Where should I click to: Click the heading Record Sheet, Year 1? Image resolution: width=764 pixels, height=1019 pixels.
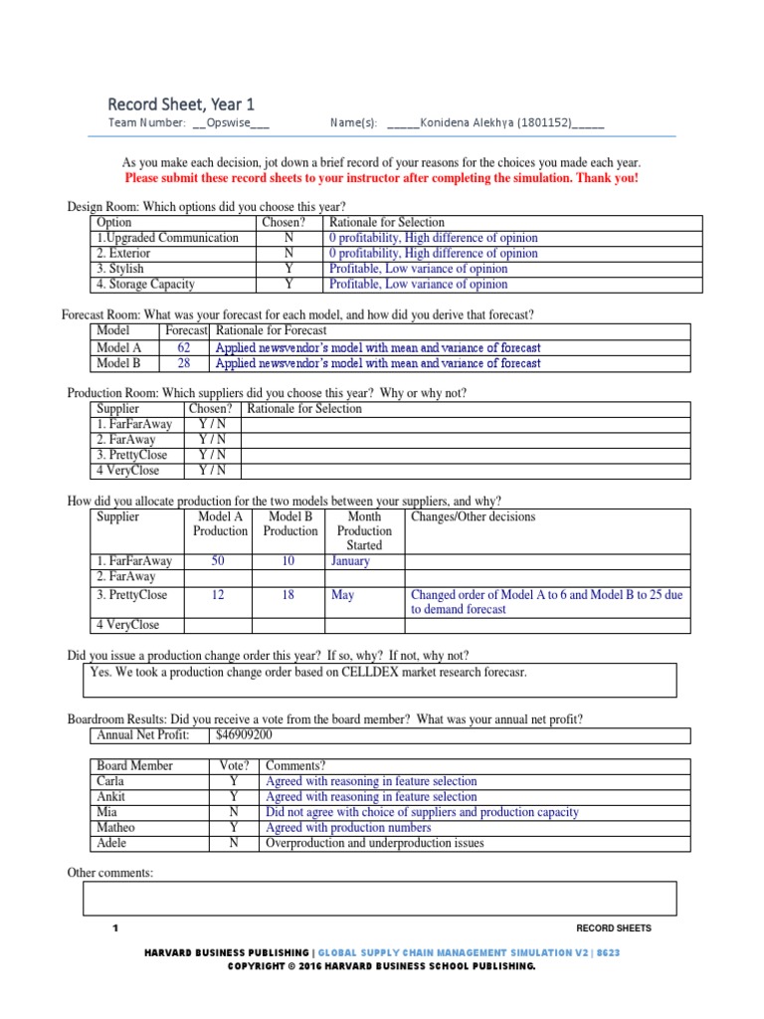pyautogui.click(x=181, y=103)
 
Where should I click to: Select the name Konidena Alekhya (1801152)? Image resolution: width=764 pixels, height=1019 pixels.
pyautogui.click(x=494, y=123)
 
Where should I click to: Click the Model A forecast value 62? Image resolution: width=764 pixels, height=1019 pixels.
pyautogui.click(x=184, y=348)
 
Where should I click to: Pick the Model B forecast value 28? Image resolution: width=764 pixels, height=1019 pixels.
pyautogui.click(x=184, y=363)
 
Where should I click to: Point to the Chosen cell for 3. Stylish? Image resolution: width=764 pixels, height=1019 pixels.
pyautogui.click(x=288, y=269)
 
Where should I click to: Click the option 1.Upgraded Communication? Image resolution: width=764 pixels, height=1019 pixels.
pyautogui.click(x=168, y=238)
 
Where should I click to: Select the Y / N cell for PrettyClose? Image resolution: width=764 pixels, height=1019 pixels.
pyautogui.click(x=212, y=455)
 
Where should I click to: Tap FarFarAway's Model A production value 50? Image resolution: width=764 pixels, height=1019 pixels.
pyautogui.click(x=218, y=561)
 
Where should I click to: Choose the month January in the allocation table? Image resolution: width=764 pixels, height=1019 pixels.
pyautogui.click(x=350, y=561)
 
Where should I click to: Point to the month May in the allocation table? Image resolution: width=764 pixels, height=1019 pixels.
pyautogui.click(x=342, y=595)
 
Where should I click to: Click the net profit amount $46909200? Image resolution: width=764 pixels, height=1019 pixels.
pyautogui.click(x=244, y=735)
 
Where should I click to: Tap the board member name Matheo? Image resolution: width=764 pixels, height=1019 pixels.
pyautogui.click(x=116, y=828)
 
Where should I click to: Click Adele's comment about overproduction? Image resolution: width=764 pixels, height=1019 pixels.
pyautogui.click(x=375, y=843)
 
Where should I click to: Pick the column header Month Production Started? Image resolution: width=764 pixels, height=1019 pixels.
pyautogui.click(x=364, y=530)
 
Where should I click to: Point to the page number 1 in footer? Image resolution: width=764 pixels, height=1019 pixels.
pyautogui.click(x=115, y=928)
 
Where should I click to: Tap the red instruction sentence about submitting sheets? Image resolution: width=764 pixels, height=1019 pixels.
pyautogui.click(x=382, y=178)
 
